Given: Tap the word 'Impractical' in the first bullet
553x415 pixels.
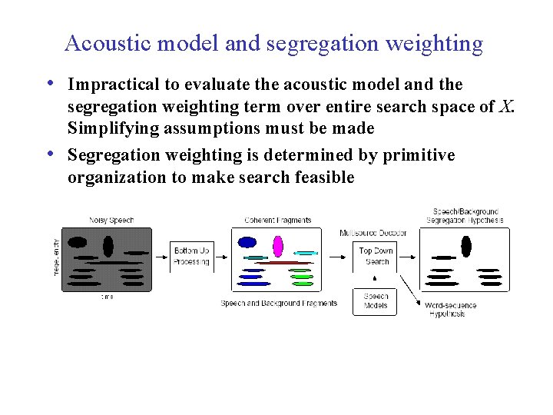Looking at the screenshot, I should [x=114, y=84].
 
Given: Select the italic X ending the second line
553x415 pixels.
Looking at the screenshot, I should [x=505, y=106].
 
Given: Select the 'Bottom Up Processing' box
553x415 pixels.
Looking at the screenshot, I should [x=191, y=257].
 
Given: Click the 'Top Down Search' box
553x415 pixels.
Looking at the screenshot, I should [x=376, y=257].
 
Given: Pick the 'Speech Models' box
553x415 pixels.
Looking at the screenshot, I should [x=376, y=300].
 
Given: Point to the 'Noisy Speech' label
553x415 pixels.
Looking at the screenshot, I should [x=111, y=221].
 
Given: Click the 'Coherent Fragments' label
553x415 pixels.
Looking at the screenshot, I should [x=278, y=221].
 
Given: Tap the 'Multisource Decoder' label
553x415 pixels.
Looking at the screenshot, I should [x=374, y=233].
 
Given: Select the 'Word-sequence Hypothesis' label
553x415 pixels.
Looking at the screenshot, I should [x=451, y=309].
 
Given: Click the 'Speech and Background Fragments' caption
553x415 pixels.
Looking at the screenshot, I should [x=279, y=304].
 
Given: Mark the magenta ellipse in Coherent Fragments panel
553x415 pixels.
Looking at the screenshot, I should [x=278, y=246].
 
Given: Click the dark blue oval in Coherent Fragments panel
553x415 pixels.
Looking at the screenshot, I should [x=247, y=242].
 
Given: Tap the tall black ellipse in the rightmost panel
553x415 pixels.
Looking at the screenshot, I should [x=465, y=246].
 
